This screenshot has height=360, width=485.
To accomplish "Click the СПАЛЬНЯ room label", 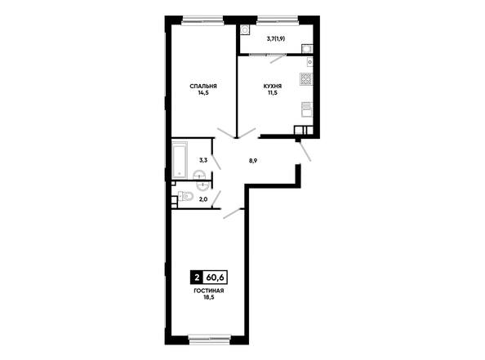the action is (x=203, y=86).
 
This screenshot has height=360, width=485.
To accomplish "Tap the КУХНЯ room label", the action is (x=273, y=86).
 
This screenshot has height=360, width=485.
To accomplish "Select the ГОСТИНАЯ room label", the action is (x=209, y=291).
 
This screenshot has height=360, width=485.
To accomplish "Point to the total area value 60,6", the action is (x=216, y=278).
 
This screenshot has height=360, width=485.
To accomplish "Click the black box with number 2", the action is (x=197, y=278).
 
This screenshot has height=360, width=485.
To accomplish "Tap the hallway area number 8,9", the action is (x=253, y=161).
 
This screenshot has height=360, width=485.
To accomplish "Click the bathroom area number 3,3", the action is (x=203, y=160).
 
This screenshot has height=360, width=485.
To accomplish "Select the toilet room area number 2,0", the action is (x=203, y=199).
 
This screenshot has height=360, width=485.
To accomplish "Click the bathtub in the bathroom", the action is (x=180, y=160).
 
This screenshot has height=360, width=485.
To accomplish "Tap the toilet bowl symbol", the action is (x=185, y=196).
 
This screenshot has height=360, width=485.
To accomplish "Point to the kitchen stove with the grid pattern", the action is (x=306, y=79).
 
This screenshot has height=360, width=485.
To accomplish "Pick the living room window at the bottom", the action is (x=209, y=340).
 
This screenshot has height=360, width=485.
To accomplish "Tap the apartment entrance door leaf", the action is (x=305, y=152).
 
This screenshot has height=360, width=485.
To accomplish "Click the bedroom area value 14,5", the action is (x=203, y=92).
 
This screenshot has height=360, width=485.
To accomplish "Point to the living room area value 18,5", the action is (x=209, y=297).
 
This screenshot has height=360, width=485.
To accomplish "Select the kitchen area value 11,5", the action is (x=273, y=92).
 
